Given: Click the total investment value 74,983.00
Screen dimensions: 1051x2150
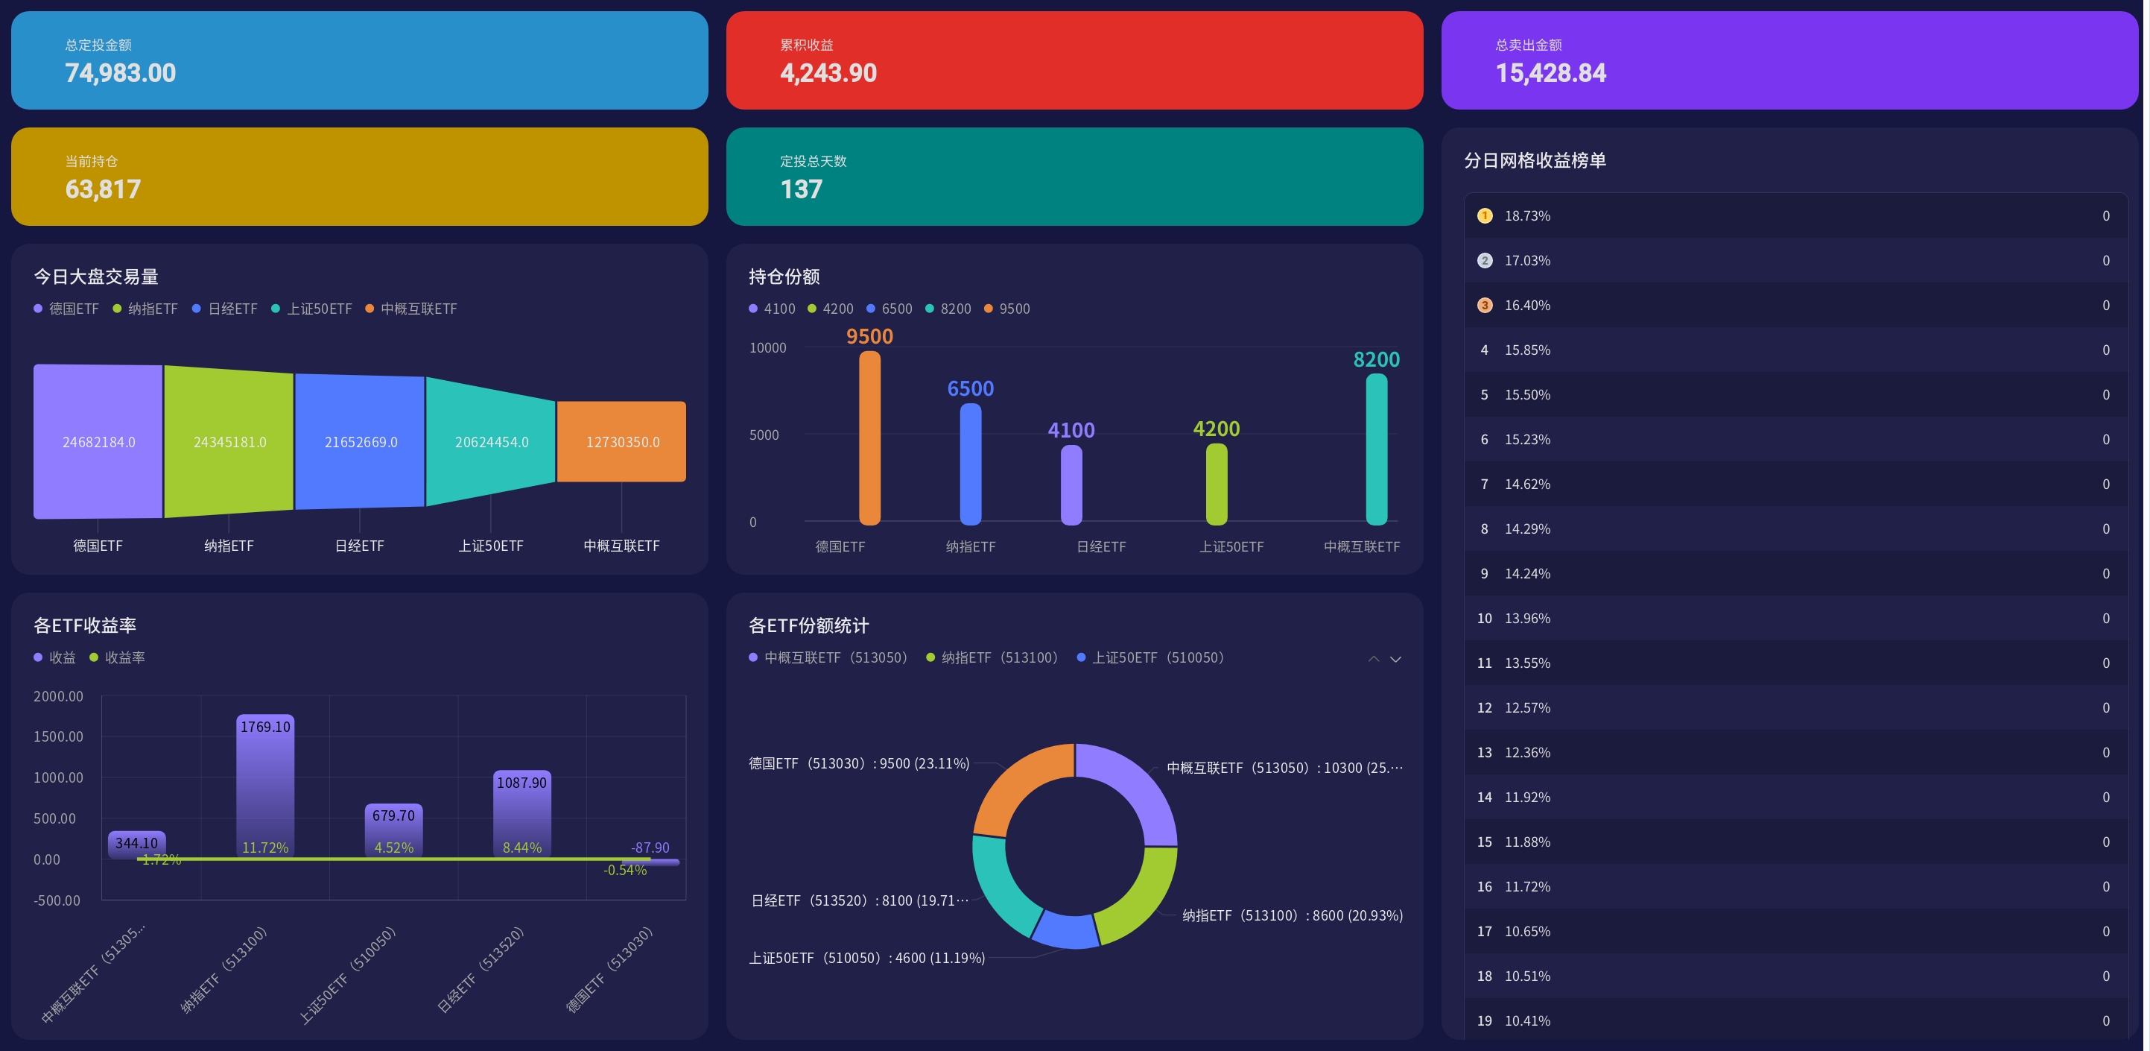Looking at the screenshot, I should [x=120, y=74].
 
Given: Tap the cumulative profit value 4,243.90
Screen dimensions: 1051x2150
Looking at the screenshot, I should [x=828, y=74].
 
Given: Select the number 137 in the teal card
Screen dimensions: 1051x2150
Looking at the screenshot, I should [x=802, y=189].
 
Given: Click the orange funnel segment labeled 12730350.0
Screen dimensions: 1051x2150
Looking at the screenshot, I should [x=622, y=441].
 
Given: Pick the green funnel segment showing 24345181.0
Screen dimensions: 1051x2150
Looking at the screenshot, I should [x=229, y=441].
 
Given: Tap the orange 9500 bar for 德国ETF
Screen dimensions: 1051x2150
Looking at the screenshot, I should [x=869, y=438].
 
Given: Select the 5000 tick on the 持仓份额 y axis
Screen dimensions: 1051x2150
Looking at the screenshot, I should [x=764, y=435].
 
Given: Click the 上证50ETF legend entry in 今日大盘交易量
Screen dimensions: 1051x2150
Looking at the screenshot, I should [x=311, y=309].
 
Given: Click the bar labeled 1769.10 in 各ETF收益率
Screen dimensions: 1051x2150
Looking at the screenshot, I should [x=265, y=785].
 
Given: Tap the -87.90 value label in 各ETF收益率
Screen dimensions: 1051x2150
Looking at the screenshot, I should [x=650, y=848].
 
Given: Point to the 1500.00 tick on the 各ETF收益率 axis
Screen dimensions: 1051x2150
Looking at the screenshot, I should [x=58, y=736].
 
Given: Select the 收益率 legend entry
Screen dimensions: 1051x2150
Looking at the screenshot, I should [x=117, y=658].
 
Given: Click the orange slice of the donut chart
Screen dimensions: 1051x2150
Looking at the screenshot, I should [x=1021, y=785].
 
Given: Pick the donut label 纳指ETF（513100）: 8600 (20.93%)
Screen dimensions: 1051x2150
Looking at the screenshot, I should [x=1292, y=916].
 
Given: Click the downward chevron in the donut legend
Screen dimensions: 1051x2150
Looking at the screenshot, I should [x=1395, y=659].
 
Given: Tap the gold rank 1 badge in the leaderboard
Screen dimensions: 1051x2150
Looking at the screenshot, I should [x=1485, y=216].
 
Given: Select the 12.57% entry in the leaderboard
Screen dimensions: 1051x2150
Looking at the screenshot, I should [x=1527, y=708].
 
